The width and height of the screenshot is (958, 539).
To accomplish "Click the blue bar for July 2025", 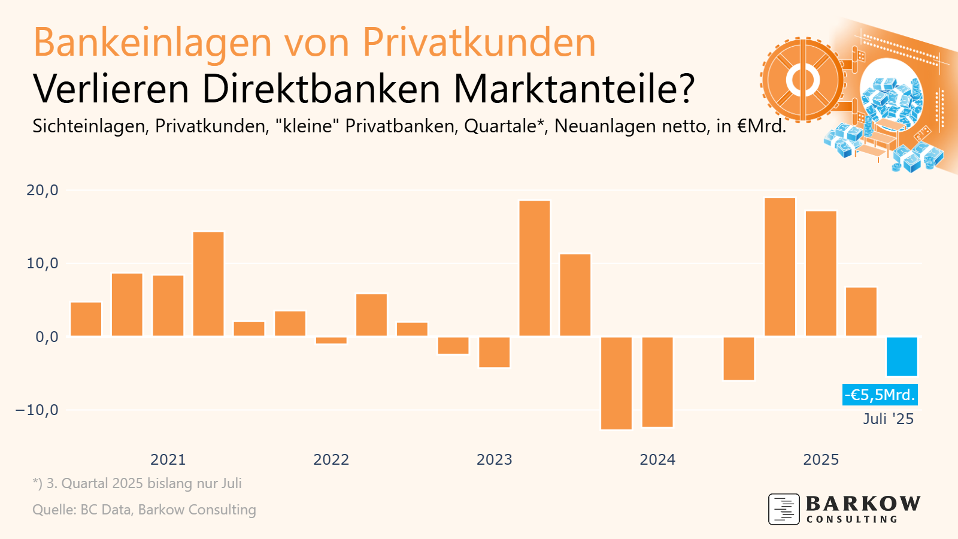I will pyautogui.click(x=902, y=356).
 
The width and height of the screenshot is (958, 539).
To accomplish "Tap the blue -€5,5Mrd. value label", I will pyautogui.click(x=880, y=395).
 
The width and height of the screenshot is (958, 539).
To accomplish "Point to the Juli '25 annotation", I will pyautogui.click(x=889, y=419).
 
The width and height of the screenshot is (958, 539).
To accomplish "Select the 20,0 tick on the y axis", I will pyautogui.click(x=43, y=190).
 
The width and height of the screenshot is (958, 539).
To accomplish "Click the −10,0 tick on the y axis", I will pyautogui.click(x=38, y=410).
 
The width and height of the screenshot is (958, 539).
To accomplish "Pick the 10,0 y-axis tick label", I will pyautogui.click(x=43, y=264).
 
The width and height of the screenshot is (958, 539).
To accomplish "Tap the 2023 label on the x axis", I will pyautogui.click(x=494, y=460).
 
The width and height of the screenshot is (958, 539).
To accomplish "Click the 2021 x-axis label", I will pyautogui.click(x=168, y=460).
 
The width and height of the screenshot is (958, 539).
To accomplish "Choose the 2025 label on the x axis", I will pyautogui.click(x=820, y=460).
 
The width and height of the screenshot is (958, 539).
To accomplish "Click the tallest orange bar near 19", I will pyautogui.click(x=780, y=267).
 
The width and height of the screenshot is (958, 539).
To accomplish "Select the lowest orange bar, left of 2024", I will pyautogui.click(x=616, y=383).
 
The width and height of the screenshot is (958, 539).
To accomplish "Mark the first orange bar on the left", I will pyautogui.click(x=86, y=319).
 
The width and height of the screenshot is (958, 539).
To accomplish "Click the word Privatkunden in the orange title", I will pyautogui.click(x=479, y=43).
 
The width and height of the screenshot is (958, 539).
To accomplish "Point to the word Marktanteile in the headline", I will pyautogui.click(x=574, y=89).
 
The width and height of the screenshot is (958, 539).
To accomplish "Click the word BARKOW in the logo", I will pyautogui.click(x=863, y=504).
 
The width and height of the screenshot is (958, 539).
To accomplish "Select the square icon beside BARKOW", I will pyautogui.click(x=784, y=509).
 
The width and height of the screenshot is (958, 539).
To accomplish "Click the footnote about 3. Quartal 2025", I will pyautogui.click(x=137, y=483).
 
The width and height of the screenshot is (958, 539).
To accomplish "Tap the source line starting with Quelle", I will pyautogui.click(x=144, y=510).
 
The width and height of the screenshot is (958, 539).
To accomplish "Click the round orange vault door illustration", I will pyautogui.click(x=802, y=80).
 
